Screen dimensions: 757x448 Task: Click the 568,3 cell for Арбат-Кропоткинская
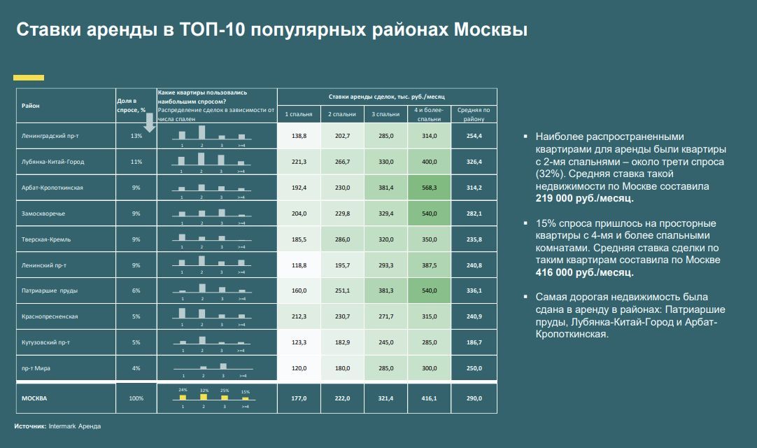coord(429,188)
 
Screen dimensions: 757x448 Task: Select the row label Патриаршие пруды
coord(49,291)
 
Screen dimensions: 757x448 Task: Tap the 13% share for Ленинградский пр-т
coord(136,136)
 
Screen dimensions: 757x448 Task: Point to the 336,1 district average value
coord(474,291)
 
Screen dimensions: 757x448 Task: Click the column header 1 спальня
coord(299,114)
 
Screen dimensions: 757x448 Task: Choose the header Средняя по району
coord(474,114)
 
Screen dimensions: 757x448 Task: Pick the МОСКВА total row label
coord(34,398)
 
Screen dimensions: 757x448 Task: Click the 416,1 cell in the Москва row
coord(429,398)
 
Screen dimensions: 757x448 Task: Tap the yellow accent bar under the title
coord(29,77)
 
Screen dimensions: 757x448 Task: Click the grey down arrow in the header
coord(150,122)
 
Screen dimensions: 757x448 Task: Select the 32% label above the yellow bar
coord(204,390)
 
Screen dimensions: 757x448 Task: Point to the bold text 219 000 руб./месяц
coord(584,198)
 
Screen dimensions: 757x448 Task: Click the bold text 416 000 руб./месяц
coord(584,272)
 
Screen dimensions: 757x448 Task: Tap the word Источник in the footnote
coord(30,426)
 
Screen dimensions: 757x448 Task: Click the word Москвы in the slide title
coord(490,29)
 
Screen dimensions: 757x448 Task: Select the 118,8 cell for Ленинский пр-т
coord(299,265)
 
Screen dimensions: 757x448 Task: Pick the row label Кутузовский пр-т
coord(45,342)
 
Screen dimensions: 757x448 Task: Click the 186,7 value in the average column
coord(474,342)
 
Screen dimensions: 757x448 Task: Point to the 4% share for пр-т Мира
coord(136,368)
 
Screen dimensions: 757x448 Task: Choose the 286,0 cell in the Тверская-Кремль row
coord(342,239)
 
